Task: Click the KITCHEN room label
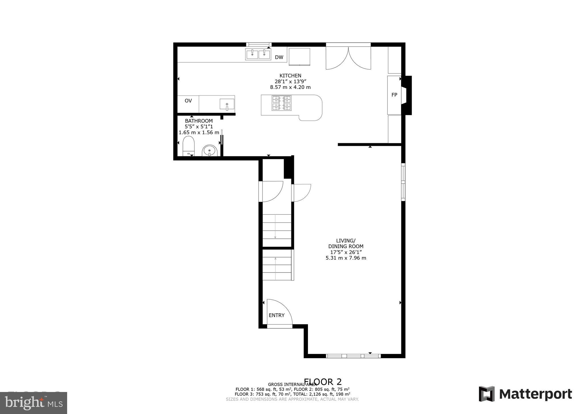pos(290,75)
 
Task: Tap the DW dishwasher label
pos(279,57)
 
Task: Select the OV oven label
pos(188,101)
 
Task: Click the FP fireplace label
pos(394,95)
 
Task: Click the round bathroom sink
pos(210,151)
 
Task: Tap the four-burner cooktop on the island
pos(282,103)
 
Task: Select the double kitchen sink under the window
pos(258,54)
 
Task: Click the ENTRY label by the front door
pos(277,315)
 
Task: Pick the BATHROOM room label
pos(199,121)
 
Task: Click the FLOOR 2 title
pos(323,382)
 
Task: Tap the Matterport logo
pos(525,394)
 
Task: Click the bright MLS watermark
pos(33,403)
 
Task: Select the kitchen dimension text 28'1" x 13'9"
pos(290,81)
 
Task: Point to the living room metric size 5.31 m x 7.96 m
pos(346,258)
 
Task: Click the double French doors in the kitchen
pos(348,58)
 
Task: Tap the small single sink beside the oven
pos(227,104)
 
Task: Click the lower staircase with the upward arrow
pos(277,265)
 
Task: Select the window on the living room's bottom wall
pos(353,356)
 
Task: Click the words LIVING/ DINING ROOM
pos(346,243)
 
